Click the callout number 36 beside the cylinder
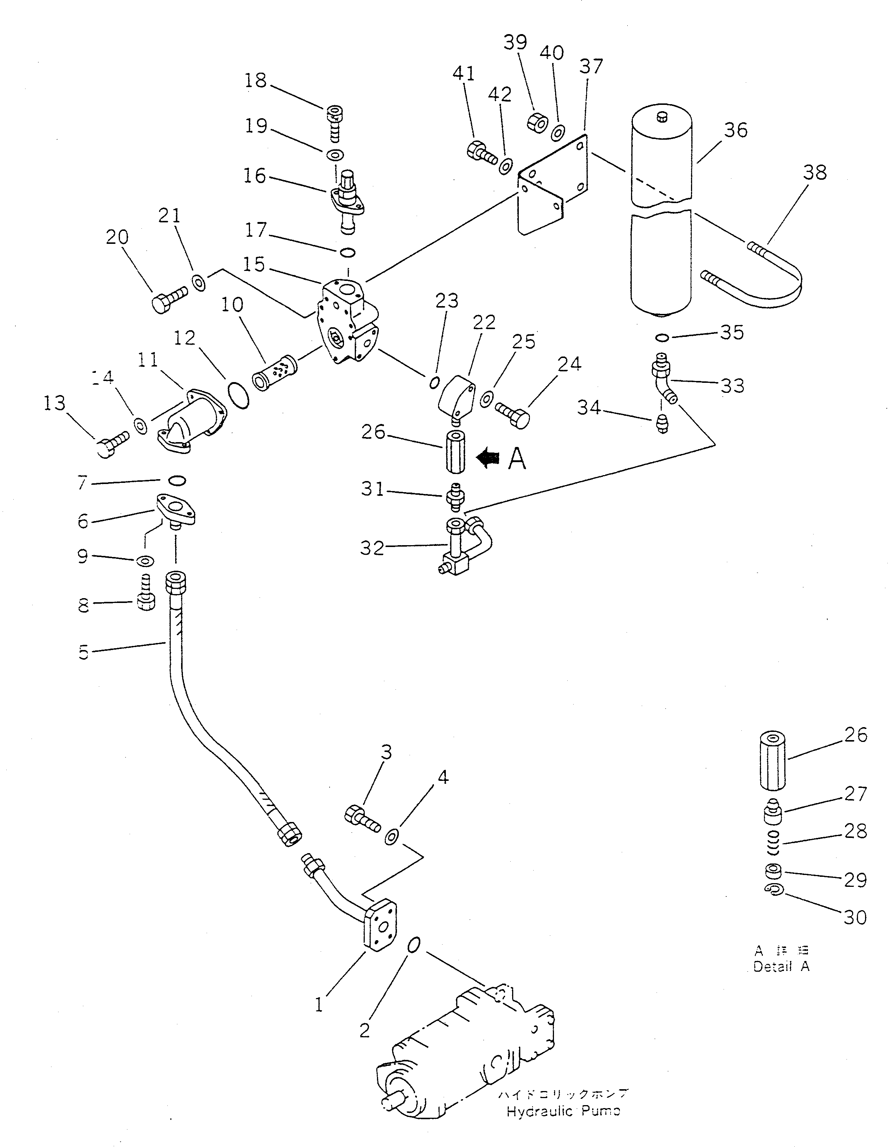click(735, 130)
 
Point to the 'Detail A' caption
click(781, 967)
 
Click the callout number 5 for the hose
click(83, 652)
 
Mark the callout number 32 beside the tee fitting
click(372, 548)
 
